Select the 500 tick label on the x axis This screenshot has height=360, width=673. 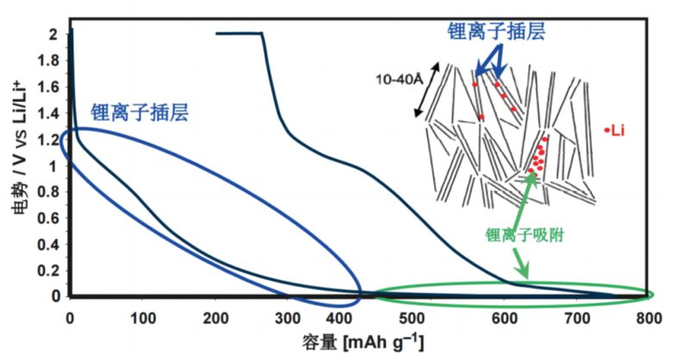[x=431, y=317]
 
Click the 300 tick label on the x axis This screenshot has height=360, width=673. [x=286, y=317]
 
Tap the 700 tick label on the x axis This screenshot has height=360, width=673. [x=574, y=317]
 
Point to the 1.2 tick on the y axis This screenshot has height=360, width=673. [x=48, y=139]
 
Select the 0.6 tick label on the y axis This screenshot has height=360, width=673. [x=48, y=218]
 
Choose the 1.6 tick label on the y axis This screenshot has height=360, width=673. [x=48, y=86]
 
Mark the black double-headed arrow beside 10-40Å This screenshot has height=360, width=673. [x=429, y=89]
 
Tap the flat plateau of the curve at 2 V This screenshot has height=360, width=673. [x=238, y=33]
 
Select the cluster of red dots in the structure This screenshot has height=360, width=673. [x=538, y=156]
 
